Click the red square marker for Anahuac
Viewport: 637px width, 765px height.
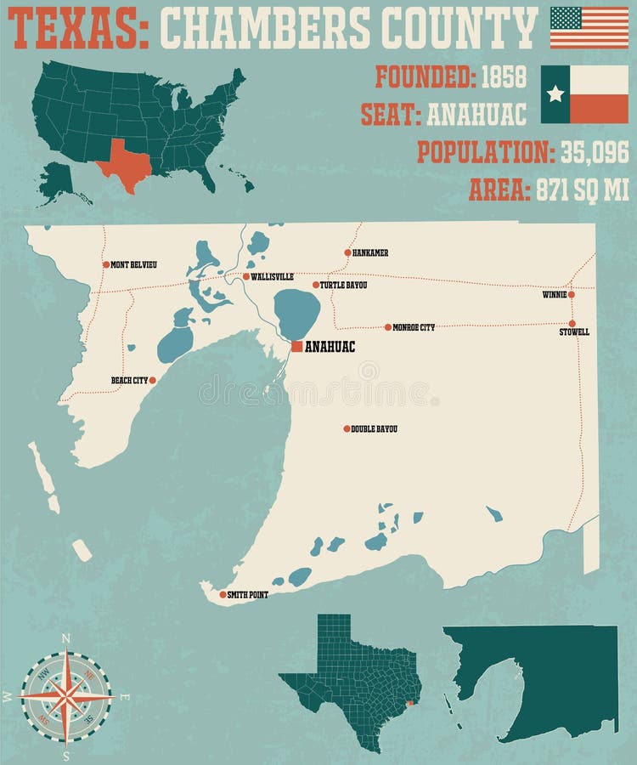[x=296, y=346]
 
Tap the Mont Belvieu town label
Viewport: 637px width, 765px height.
[x=133, y=265]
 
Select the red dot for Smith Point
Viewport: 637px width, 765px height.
[x=223, y=594]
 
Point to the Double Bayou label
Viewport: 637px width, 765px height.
[x=374, y=429]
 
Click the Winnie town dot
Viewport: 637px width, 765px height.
[x=572, y=295]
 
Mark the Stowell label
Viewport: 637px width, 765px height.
[x=574, y=332]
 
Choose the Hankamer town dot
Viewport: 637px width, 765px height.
[x=347, y=252]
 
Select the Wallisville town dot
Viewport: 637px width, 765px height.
[x=245, y=276]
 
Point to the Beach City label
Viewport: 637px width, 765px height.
[x=129, y=381]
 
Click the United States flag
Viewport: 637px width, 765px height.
[x=589, y=27]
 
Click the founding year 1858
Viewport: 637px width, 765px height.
[x=504, y=76]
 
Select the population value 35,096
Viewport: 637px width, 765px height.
[x=594, y=152]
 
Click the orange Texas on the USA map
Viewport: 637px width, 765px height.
[x=124, y=162]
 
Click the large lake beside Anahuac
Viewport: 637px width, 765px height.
[x=296, y=313]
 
